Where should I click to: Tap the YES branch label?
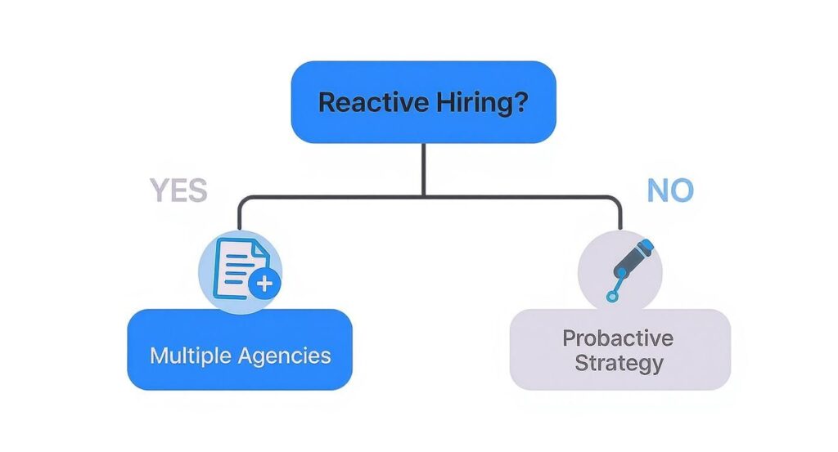(x=178, y=191)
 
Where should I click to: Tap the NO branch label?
(x=670, y=191)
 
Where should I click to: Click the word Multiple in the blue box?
(x=191, y=356)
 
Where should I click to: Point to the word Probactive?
(x=618, y=338)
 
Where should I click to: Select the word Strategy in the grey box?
(x=618, y=362)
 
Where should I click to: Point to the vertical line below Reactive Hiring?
(x=423, y=168)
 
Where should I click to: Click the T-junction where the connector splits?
(x=423, y=197)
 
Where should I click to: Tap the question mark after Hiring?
(x=520, y=103)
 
